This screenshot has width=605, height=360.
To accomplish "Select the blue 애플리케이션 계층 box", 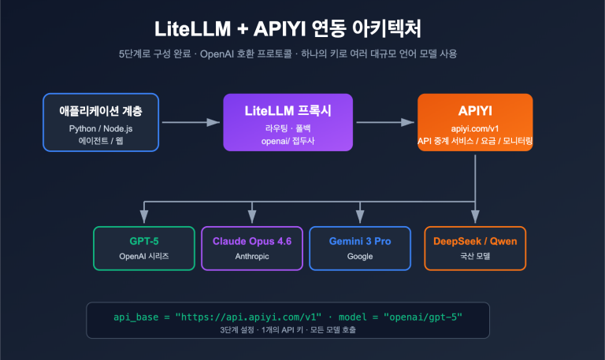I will [x=102, y=122].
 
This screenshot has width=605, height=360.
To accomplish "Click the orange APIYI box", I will [x=475, y=122].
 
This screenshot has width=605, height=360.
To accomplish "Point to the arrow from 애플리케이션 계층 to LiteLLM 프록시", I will [x=190, y=122].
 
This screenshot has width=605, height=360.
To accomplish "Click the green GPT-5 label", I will [x=143, y=241].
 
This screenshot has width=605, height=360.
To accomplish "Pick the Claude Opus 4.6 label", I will [x=252, y=241].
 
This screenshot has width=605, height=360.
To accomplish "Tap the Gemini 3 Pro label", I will [x=359, y=241].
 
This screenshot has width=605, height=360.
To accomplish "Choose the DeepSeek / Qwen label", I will [x=475, y=241].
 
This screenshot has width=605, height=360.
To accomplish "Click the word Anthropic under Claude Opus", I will [x=252, y=256].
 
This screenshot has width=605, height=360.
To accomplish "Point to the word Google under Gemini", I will [x=359, y=256].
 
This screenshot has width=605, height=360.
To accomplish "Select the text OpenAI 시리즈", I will [x=143, y=256].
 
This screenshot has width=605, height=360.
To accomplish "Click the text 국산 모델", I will [x=475, y=256].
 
